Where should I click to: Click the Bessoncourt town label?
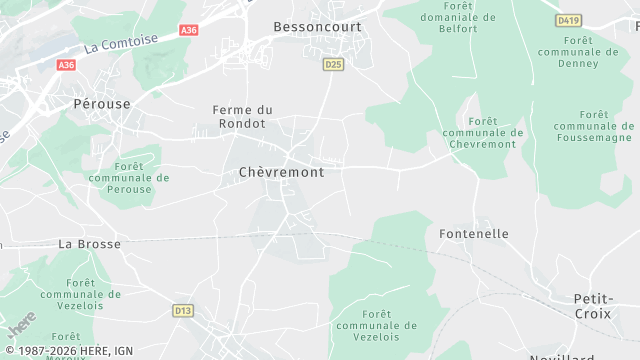(317, 27)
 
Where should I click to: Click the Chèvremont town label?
(282, 172)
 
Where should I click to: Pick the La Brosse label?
(89, 244)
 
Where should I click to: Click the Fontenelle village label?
(474, 234)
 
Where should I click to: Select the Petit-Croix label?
(592, 306)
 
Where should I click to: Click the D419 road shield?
(569, 20)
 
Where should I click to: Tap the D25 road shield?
(333, 64)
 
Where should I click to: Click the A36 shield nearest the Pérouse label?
(66, 65)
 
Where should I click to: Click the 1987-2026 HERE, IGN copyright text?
(68, 351)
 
